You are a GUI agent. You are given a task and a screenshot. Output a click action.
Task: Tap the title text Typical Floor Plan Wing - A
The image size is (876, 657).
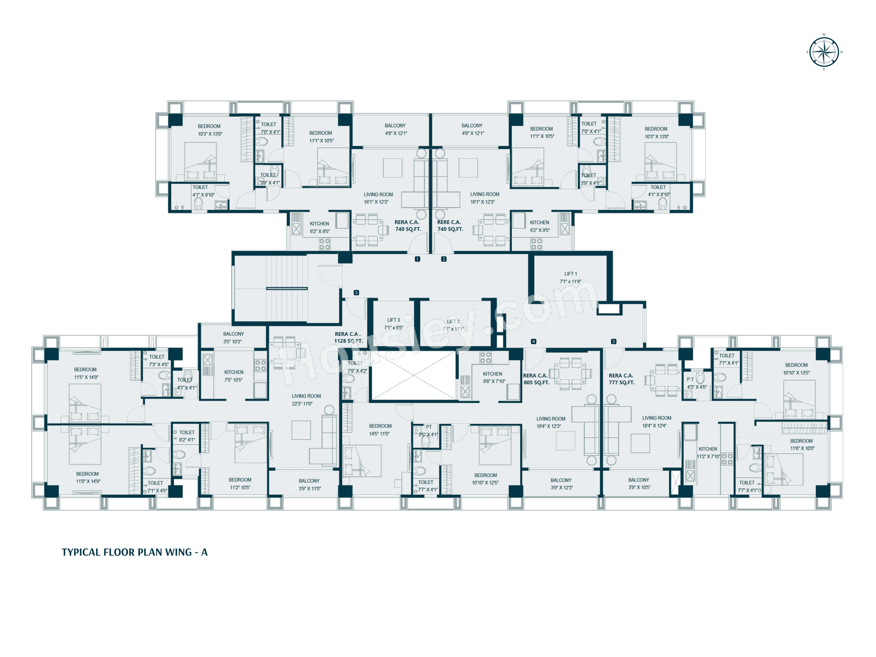click(135, 552)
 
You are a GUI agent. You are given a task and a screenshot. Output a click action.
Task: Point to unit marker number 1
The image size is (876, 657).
click(417, 259)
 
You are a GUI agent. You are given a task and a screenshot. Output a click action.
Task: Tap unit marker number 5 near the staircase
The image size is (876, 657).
click(356, 293)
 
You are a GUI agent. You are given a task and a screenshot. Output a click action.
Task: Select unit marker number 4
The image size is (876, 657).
click(533, 341)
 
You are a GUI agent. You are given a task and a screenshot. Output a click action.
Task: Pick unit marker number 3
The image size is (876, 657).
click(613, 341)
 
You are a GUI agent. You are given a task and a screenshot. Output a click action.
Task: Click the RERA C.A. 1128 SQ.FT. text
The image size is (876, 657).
click(348, 337)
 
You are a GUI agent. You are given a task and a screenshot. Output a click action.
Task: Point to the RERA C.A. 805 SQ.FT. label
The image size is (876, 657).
click(536, 379)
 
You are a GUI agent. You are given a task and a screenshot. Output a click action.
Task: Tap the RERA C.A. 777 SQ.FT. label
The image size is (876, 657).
click(621, 379)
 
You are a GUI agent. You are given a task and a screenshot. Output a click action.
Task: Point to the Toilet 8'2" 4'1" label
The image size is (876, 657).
click(187, 436)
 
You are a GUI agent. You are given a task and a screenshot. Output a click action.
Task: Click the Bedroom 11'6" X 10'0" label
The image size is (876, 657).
click(802, 444)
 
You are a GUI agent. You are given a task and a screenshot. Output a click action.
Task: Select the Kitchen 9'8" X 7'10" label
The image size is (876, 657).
click(493, 377)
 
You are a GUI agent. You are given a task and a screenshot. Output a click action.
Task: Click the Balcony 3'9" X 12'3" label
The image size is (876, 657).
click(561, 484)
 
